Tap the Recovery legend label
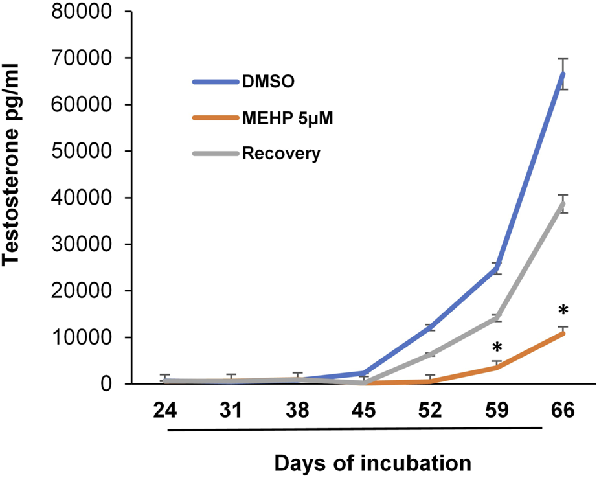point(280,155)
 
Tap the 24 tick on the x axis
point(165,412)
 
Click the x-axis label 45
point(364,412)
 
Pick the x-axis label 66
point(563,412)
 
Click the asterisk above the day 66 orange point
point(563,310)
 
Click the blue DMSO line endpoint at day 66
point(563,74)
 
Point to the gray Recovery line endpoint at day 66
point(563,203)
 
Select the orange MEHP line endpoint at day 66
point(563,333)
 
